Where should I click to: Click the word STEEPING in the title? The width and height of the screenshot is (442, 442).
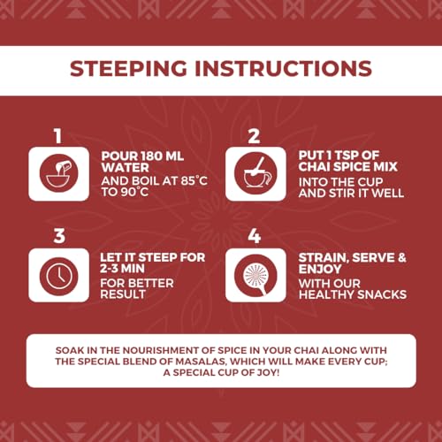click(x=128, y=68)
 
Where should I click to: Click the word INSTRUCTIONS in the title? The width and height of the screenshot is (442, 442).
click(x=283, y=68)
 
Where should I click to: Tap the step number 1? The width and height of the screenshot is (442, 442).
click(x=58, y=136)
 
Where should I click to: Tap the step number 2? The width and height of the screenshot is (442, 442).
click(x=255, y=136)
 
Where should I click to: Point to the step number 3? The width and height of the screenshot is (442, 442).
click(x=59, y=236)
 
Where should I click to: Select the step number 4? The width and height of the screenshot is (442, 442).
click(x=255, y=236)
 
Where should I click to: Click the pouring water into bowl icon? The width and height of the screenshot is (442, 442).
click(x=59, y=173)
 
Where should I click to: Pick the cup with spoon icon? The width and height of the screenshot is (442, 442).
click(x=255, y=173)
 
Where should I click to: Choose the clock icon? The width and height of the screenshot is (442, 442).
click(x=59, y=276)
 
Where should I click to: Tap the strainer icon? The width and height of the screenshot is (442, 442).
click(x=255, y=276)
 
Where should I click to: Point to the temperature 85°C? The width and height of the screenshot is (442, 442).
click(x=194, y=180)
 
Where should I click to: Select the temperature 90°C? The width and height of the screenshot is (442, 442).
click(x=134, y=192)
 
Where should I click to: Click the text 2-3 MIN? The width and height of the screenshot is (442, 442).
click(x=122, y=269)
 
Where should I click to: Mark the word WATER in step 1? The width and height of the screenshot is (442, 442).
click(x=125, y=168)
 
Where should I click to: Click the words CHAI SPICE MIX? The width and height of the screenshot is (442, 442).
click(x=347, y=167)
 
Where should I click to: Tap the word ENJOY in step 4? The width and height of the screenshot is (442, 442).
click(x=320, y=269)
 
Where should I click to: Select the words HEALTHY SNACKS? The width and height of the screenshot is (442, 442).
click(x=353, y=294)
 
